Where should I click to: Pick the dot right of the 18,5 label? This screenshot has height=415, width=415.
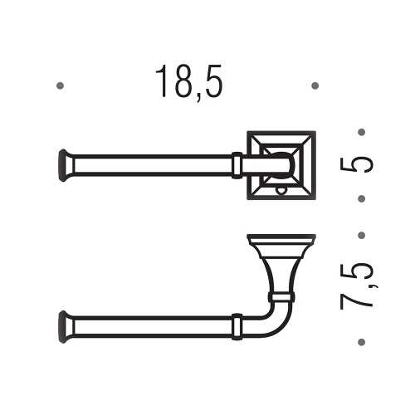(x=315, y=85)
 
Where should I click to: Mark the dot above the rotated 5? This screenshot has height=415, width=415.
(x=360, y=131)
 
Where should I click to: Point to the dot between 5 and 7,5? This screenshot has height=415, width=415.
(x=360, y=198)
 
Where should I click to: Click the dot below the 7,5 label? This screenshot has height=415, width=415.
(x=360, y=341)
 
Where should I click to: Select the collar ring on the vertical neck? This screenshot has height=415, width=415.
(x=282, y=295)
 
